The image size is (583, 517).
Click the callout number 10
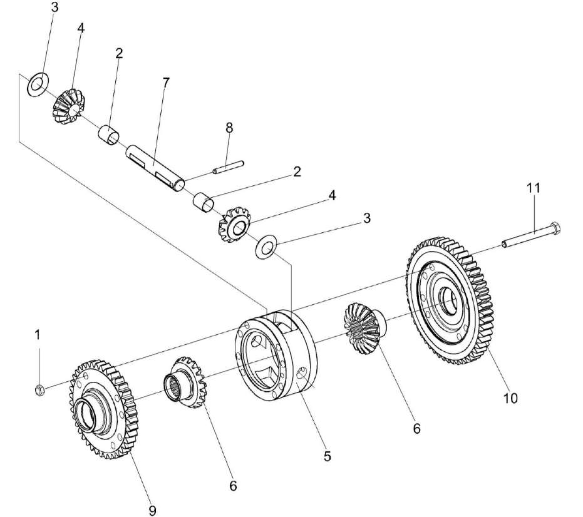[x=510, y=398]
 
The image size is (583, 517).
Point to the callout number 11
[x=534, y=187]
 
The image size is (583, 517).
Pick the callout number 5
[x=327, y=456]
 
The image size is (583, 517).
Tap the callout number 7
[x=166, y=83]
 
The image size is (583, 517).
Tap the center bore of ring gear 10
[x=449, y=299]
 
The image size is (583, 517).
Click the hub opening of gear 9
[x=86, y=415]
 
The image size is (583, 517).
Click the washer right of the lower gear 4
[x=265, y=246]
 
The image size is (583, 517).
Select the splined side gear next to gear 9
[x=185, y=382]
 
